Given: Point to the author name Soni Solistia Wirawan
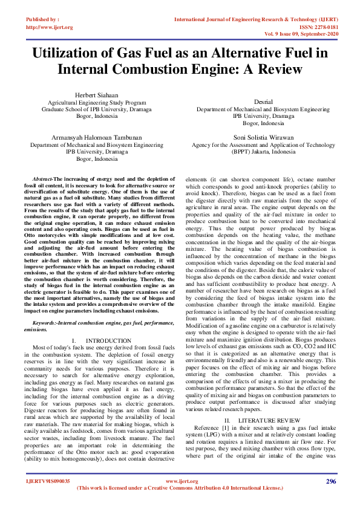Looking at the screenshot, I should pyautogui.click(x=263, y=138).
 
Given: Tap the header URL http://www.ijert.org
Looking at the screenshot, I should pyautogui.click(x=50, y=27).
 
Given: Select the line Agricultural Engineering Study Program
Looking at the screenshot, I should pyautogui.click(x=97, y=103).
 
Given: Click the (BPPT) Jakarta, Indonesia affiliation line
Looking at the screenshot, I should pyautogui.click(x=263, y=152).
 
